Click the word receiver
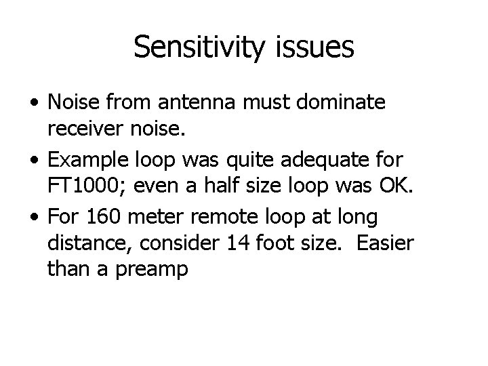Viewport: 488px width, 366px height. click(88, 129)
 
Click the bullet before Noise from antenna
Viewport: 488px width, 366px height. click(33, 104)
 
